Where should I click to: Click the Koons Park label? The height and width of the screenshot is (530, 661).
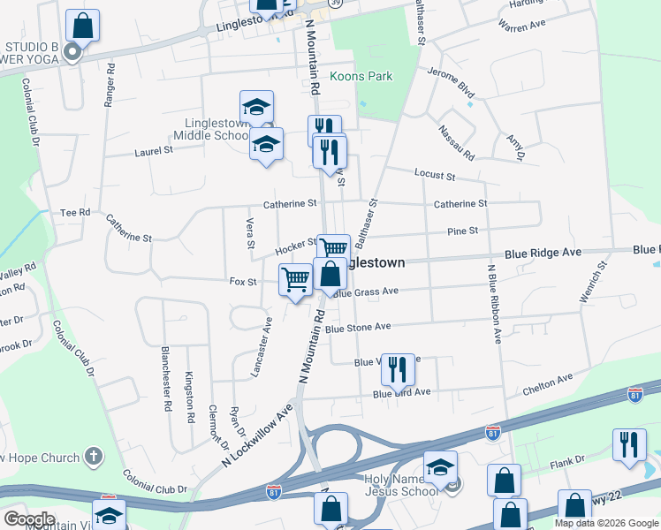[361, 77]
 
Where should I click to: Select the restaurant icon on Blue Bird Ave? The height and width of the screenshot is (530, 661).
[397, 368]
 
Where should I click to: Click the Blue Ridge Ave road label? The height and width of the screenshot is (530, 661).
[543, 253]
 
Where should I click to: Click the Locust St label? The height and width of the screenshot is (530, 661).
[435, 176]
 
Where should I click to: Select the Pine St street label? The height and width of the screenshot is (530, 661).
[462, 231]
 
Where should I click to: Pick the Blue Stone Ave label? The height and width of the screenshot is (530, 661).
[357, 327]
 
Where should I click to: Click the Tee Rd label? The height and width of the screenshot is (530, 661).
[75, 212]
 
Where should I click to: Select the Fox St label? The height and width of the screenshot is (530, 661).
[242, 282]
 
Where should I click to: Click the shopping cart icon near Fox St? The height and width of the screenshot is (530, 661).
[296, 280]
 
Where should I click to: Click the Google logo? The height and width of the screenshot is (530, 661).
[30, 519]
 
